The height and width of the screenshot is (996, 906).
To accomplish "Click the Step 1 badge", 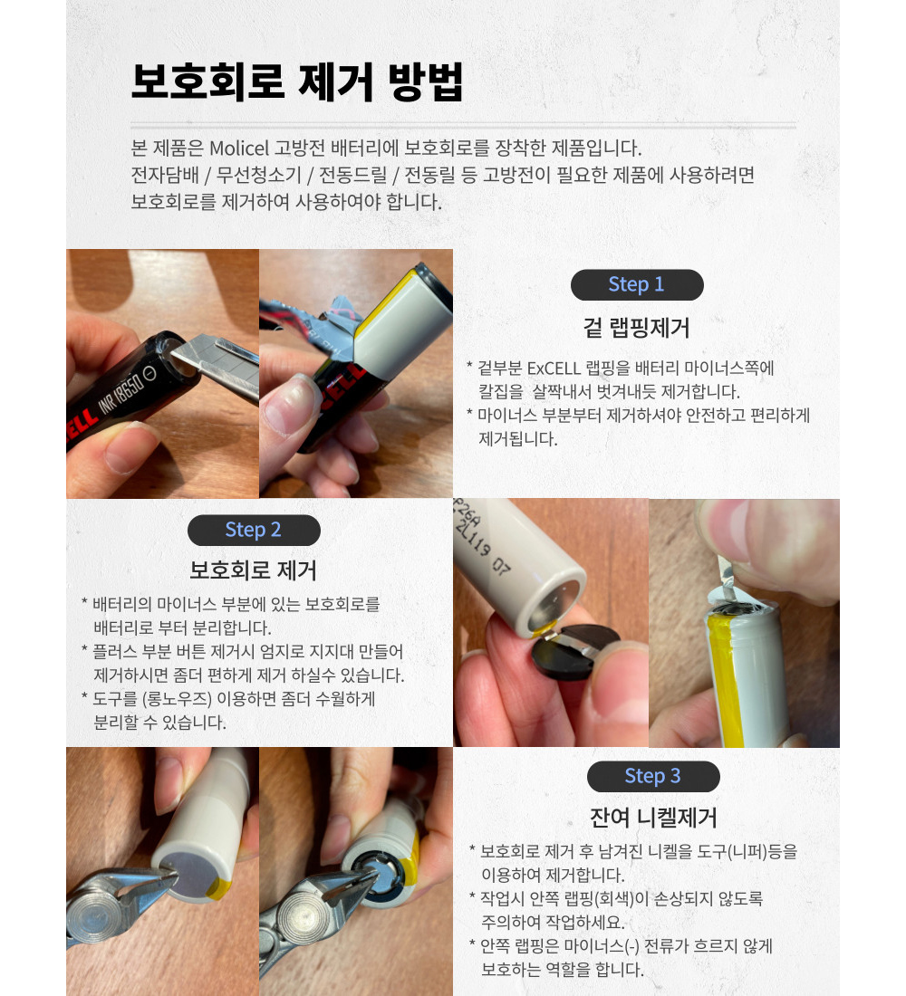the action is click(637, 284).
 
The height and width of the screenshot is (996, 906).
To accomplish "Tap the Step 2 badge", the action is click(254, 530).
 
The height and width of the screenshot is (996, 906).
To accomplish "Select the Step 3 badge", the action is click(653, 776).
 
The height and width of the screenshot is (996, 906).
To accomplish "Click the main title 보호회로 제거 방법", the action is click(297, 81).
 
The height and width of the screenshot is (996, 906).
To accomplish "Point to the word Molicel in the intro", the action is click(239, 148).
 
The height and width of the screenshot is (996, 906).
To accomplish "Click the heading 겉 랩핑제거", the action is click(636, 328).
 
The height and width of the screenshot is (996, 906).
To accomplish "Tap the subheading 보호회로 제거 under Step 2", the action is click(253, 570).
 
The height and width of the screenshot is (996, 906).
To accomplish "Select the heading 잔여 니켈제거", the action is click(653, 817).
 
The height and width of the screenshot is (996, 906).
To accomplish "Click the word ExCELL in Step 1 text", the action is click(554, 369).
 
